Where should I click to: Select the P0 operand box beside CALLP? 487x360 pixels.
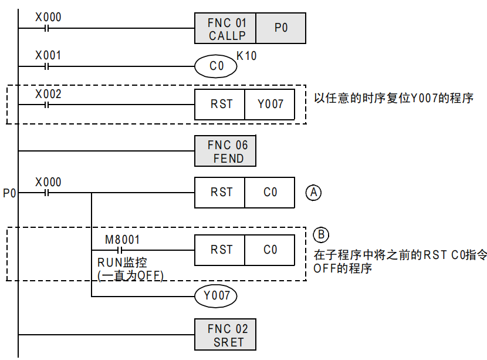(x=281, y=29)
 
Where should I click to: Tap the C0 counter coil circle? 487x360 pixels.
(x=217, y=66)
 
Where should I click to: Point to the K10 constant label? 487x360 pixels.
(x=246, y=56)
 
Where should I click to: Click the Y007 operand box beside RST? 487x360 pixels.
(x=270, y=105)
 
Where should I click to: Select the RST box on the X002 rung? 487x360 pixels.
(x=221, y=105)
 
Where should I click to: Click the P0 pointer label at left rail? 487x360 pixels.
(x=9, y=193)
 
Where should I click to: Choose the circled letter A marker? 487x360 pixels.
(x=314, y=192)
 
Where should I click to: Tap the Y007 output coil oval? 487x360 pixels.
(x=216, y=296)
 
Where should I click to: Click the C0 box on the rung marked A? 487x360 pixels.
(x=270, y=192)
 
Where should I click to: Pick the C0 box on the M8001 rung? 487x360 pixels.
(x=270, y=250)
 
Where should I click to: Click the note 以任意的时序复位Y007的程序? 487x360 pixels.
(x=394, y=98)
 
